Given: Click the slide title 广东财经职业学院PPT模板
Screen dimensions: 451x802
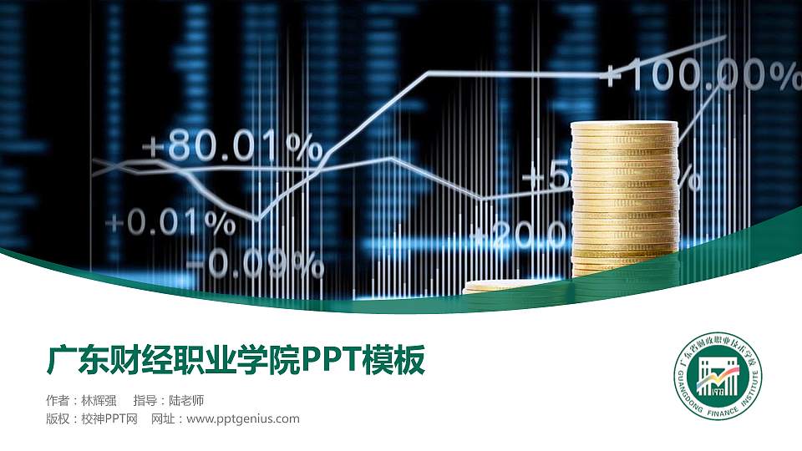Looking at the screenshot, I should pyautogui.click(x=236, y=361).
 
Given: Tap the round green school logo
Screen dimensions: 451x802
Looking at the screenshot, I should pyautogui.click(x=718, y=383).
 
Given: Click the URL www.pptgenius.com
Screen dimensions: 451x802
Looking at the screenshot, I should pyautogui.click(x=242, y=418).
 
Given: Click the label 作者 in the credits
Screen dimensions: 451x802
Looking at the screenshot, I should pyautogui.click(x=58, y=400).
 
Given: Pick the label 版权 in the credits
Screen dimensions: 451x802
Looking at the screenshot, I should pyautogui.click(x=58, y=418).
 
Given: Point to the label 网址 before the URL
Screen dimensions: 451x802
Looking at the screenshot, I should pyautogui.click(x=163, y=418).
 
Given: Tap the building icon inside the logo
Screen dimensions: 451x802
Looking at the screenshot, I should pyautogui.click(x=718, y=381).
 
